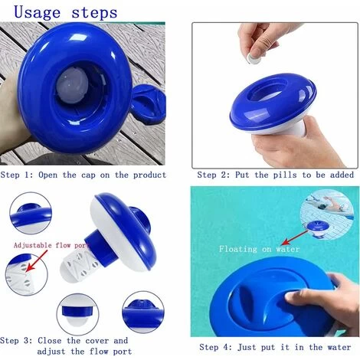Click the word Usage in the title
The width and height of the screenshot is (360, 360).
pos(38,12)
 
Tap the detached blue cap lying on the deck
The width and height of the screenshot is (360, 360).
pos(149,104)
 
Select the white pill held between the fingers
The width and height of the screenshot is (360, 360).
pos(255,59)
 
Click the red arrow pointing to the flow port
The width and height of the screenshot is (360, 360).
pos(36,260)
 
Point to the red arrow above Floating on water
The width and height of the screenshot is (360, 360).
pos(295,237)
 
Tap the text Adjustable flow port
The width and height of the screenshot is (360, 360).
pos(51,245)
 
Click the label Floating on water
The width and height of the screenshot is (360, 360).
pos(259,249)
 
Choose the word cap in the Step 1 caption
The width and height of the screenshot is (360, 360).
pos(88,175)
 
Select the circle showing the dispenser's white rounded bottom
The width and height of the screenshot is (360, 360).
pos(77,314)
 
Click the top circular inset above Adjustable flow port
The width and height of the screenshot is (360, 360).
pos(31,213)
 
